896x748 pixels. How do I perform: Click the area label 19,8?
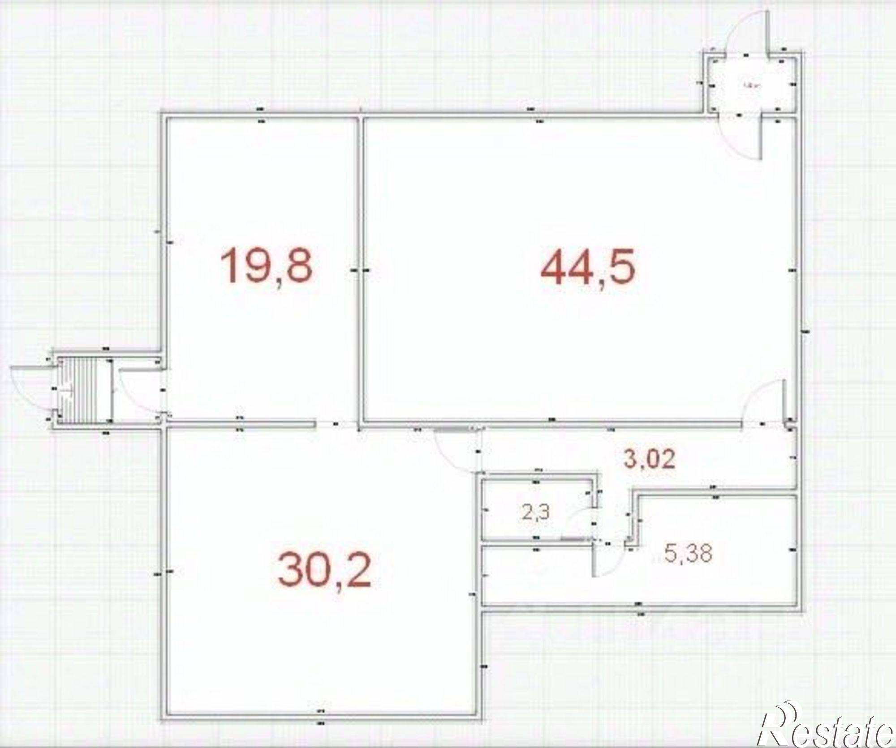click(267, 267)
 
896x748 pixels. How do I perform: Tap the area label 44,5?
click(588, 268)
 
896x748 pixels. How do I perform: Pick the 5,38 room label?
click(689, 553)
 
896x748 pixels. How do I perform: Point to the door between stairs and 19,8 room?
click(137, 389)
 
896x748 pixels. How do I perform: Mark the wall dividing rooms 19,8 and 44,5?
click(360, 269)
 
